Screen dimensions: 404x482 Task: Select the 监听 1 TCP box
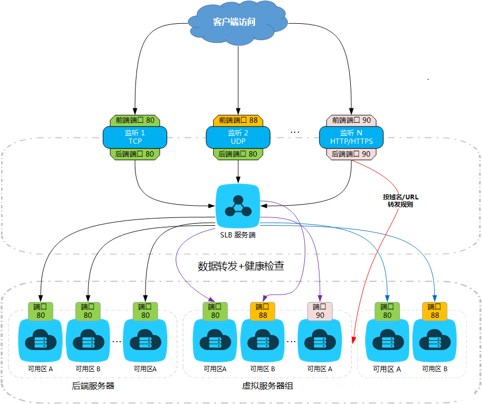135,137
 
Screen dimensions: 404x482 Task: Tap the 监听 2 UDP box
238,137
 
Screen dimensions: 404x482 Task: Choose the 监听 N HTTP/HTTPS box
351,137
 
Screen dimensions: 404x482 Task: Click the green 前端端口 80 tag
135,121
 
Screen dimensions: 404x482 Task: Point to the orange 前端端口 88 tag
238,121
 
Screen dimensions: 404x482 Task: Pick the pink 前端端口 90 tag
351,121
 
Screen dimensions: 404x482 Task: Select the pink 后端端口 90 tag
351,154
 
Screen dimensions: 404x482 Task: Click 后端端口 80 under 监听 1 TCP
135,154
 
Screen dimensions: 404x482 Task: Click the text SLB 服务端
238,234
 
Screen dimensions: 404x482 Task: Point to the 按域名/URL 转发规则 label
401,200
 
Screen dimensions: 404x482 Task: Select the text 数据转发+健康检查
241,266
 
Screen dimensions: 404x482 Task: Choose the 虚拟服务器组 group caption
268,386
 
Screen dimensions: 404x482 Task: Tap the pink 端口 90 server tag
320,311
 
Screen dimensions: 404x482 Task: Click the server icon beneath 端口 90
320,341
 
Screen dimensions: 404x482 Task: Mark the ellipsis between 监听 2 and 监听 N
295,132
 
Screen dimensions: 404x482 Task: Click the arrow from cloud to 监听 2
238,79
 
